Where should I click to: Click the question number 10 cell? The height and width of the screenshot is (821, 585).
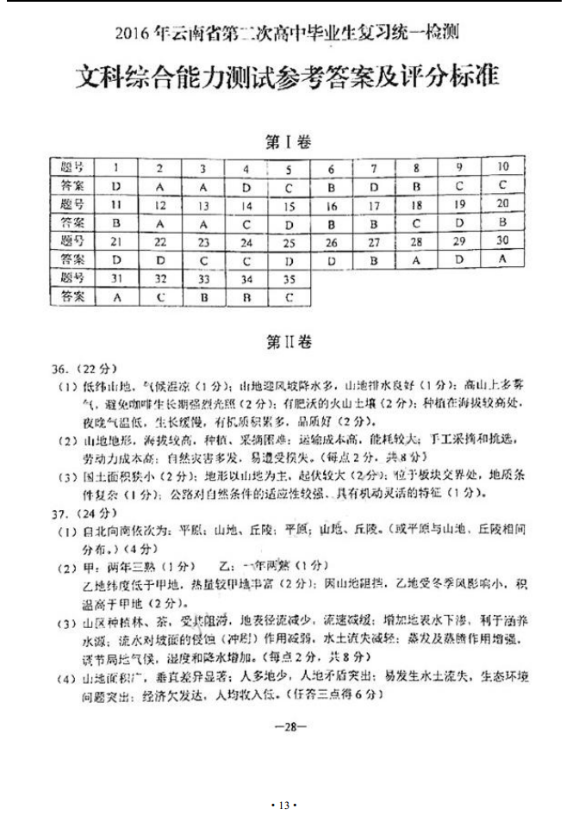click(x=503, y=166)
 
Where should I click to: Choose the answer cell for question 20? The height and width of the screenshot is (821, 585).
click(x=503, y=222)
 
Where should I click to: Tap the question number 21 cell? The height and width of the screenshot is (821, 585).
click(x=115, y=242)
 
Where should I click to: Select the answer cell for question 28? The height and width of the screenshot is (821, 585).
click(x=417, y=259)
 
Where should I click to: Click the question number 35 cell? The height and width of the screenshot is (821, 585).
click(x=289, y=279)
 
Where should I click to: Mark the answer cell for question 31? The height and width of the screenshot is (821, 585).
click(x=115, y=297)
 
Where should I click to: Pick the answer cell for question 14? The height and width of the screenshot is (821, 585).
click(x=246, y=224)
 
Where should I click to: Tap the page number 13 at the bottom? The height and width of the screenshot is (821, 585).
click(x=283, y=805)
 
